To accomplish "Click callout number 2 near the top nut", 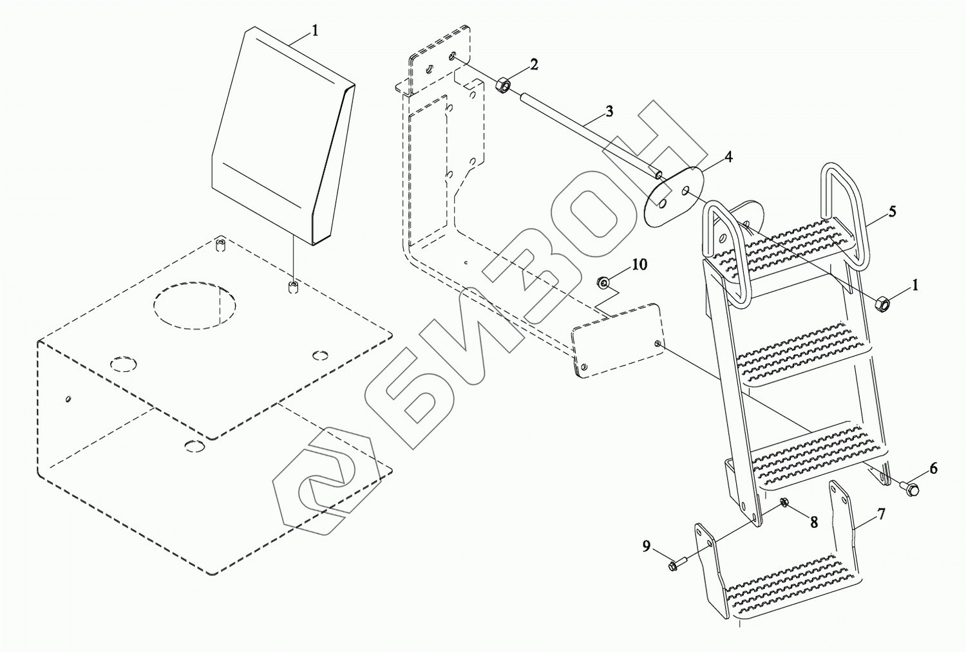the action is (534, 64).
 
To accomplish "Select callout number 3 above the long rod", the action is (609, 111).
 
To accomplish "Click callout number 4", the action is (728, 157).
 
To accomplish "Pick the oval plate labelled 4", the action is (673, 196).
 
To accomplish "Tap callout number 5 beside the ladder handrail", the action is (892, 211).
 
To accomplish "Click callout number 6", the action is (933, 469).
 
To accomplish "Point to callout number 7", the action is (881, 514).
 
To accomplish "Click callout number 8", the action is (814, 522).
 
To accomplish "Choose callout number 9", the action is (646, 546).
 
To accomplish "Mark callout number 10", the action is (639, 265).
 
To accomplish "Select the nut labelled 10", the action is (604, 282).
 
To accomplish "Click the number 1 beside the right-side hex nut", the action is (915, 284).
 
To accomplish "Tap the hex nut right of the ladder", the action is (883, 303).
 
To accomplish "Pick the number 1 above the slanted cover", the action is (315, 30).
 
